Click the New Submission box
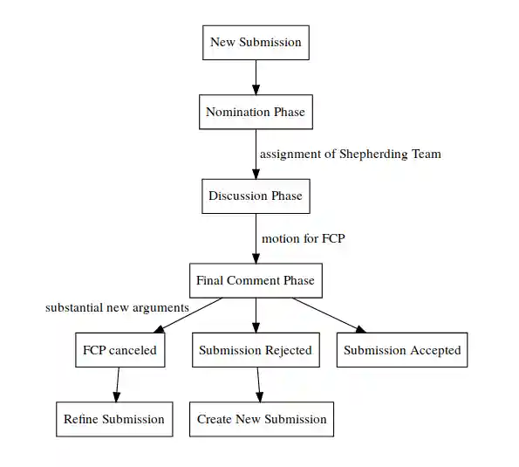[256, 42]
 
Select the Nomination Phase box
[256, 112]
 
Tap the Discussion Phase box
[256, 196]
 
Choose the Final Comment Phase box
[256, 280]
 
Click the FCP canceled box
[120, 350]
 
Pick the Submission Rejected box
[256, 350]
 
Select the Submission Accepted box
[401, 350]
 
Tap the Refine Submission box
[113, 419]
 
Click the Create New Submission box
[262, 419]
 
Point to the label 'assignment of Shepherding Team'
[351, 155]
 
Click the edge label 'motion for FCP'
[304, 238]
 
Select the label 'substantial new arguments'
[117, 308]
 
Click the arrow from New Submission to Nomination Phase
[256, 77]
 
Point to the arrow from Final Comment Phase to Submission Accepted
[327, 314]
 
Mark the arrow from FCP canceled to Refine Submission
[117, 384]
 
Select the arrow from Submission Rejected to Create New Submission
[258, 384]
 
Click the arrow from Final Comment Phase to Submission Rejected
[256, 314]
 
